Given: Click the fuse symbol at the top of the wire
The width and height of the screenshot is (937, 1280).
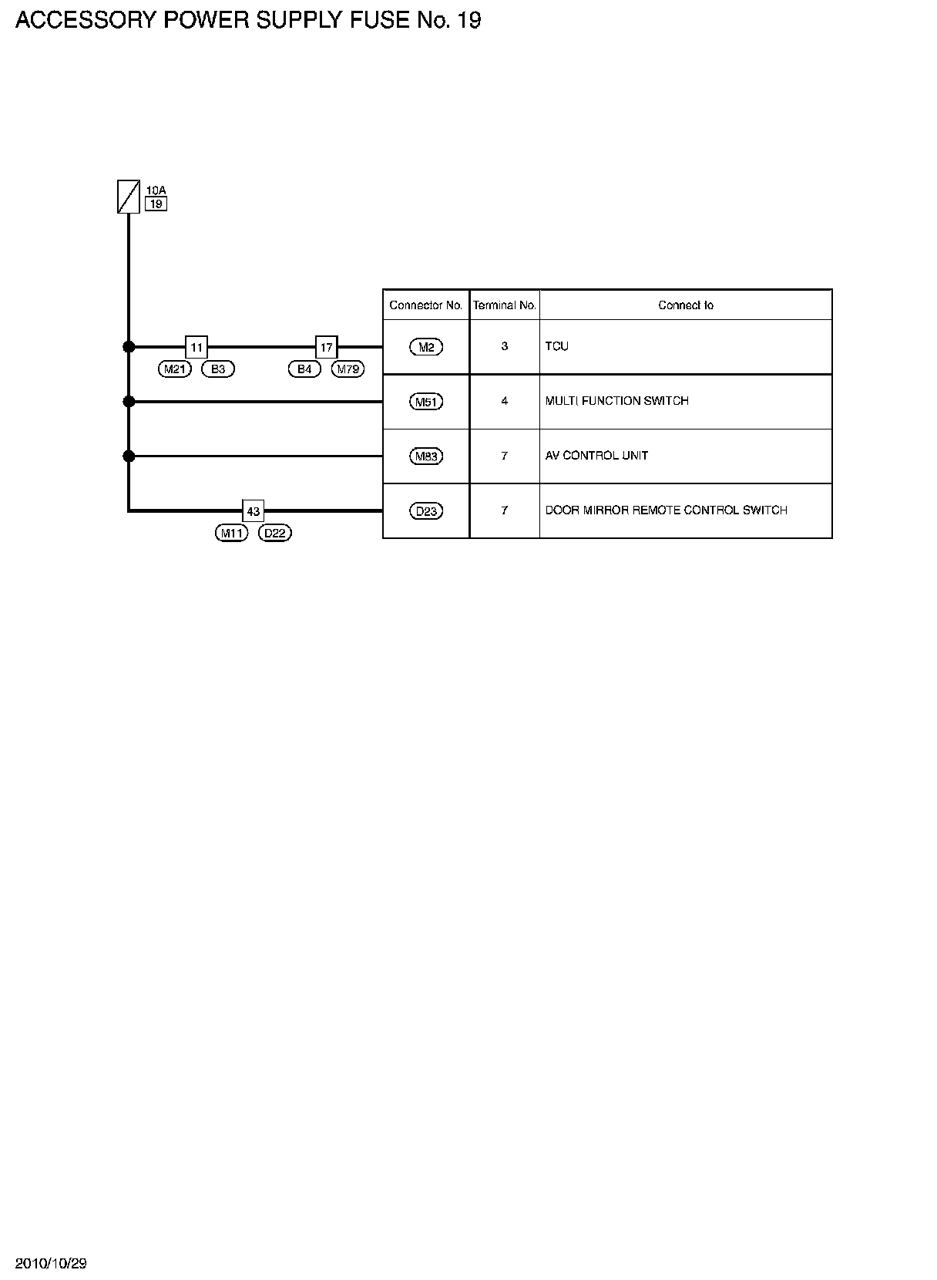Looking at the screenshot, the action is [x=129, y=197].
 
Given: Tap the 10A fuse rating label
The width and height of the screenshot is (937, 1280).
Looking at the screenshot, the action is [x=156, y=190].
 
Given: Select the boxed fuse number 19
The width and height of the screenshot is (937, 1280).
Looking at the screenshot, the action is [x=156, y=204].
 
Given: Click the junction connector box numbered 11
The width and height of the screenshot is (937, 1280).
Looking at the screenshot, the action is [x=196, y=347].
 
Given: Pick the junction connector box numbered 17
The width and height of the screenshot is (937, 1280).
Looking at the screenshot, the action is [x=327, y=347].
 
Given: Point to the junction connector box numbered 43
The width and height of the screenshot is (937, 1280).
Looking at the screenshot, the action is [x=253, y=511].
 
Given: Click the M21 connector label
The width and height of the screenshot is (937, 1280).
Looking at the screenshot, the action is [x=175, y=369].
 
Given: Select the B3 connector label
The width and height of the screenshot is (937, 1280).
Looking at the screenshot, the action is [x=218, y=369].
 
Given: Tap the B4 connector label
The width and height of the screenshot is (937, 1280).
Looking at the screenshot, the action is [x=304, y=369].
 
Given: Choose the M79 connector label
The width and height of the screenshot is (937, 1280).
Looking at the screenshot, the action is [x=348, y=369].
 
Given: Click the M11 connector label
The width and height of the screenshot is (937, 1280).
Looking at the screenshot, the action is [x=231, y=534].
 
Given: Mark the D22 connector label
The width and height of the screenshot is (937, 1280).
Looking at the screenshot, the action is [x=275, y=534].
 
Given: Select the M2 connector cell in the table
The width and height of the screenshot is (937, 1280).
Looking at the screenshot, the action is [x=426, y=347].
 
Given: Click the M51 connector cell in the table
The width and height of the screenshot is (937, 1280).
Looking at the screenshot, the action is [x=426, y=402].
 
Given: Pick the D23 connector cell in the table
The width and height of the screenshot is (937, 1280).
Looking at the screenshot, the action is [x=426, y=511].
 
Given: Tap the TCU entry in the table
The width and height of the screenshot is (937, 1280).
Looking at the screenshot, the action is [x=557, y=346].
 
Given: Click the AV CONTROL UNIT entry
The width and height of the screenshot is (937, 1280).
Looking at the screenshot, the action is [x=596, y=456].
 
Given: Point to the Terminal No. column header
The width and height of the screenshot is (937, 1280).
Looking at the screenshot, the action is [x=505, y=305].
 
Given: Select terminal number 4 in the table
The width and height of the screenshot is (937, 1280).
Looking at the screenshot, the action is [x=505, y=401].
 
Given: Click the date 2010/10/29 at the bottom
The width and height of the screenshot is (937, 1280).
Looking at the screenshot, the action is [x=52, y=1263].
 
